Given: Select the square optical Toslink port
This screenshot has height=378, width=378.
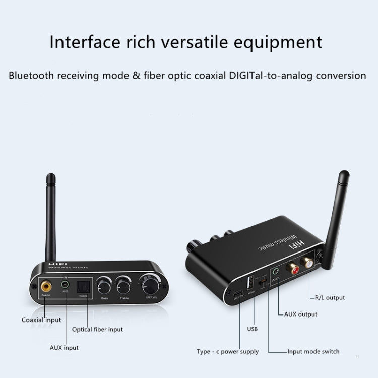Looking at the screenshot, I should (x=81, y=287).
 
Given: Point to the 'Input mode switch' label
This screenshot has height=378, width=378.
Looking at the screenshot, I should (x=313, y=352).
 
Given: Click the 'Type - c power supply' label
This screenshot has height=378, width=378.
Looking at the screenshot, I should (x=228, y=352).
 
